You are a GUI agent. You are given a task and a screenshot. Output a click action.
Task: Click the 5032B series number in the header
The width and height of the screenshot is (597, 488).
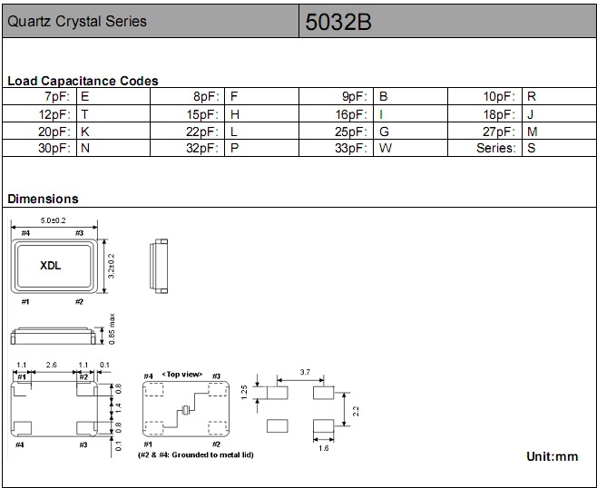tap(338, 22)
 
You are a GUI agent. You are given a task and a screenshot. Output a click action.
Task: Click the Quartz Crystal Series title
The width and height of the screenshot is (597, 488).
tap(77, 22)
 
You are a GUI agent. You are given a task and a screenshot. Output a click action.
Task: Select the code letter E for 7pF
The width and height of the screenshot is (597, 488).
tap(85, 96)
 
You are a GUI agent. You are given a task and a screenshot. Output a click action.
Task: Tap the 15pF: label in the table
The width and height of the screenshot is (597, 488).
tap(203, 114)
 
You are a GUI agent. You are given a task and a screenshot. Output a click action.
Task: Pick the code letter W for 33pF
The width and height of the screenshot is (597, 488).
tap(386, 148)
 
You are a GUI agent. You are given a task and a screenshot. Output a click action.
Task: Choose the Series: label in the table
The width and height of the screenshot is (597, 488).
tap(496, 148)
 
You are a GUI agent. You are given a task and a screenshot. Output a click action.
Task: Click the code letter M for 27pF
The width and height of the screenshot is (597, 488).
tap(533, 132)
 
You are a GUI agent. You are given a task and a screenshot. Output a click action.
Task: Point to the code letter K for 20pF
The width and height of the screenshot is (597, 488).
tap(85, 132)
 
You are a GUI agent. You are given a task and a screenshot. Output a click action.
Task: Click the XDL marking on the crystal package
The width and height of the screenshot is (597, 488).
tap(51, 266)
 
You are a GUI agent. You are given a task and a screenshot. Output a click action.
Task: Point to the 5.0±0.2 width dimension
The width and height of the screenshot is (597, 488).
tap(54, 220)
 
